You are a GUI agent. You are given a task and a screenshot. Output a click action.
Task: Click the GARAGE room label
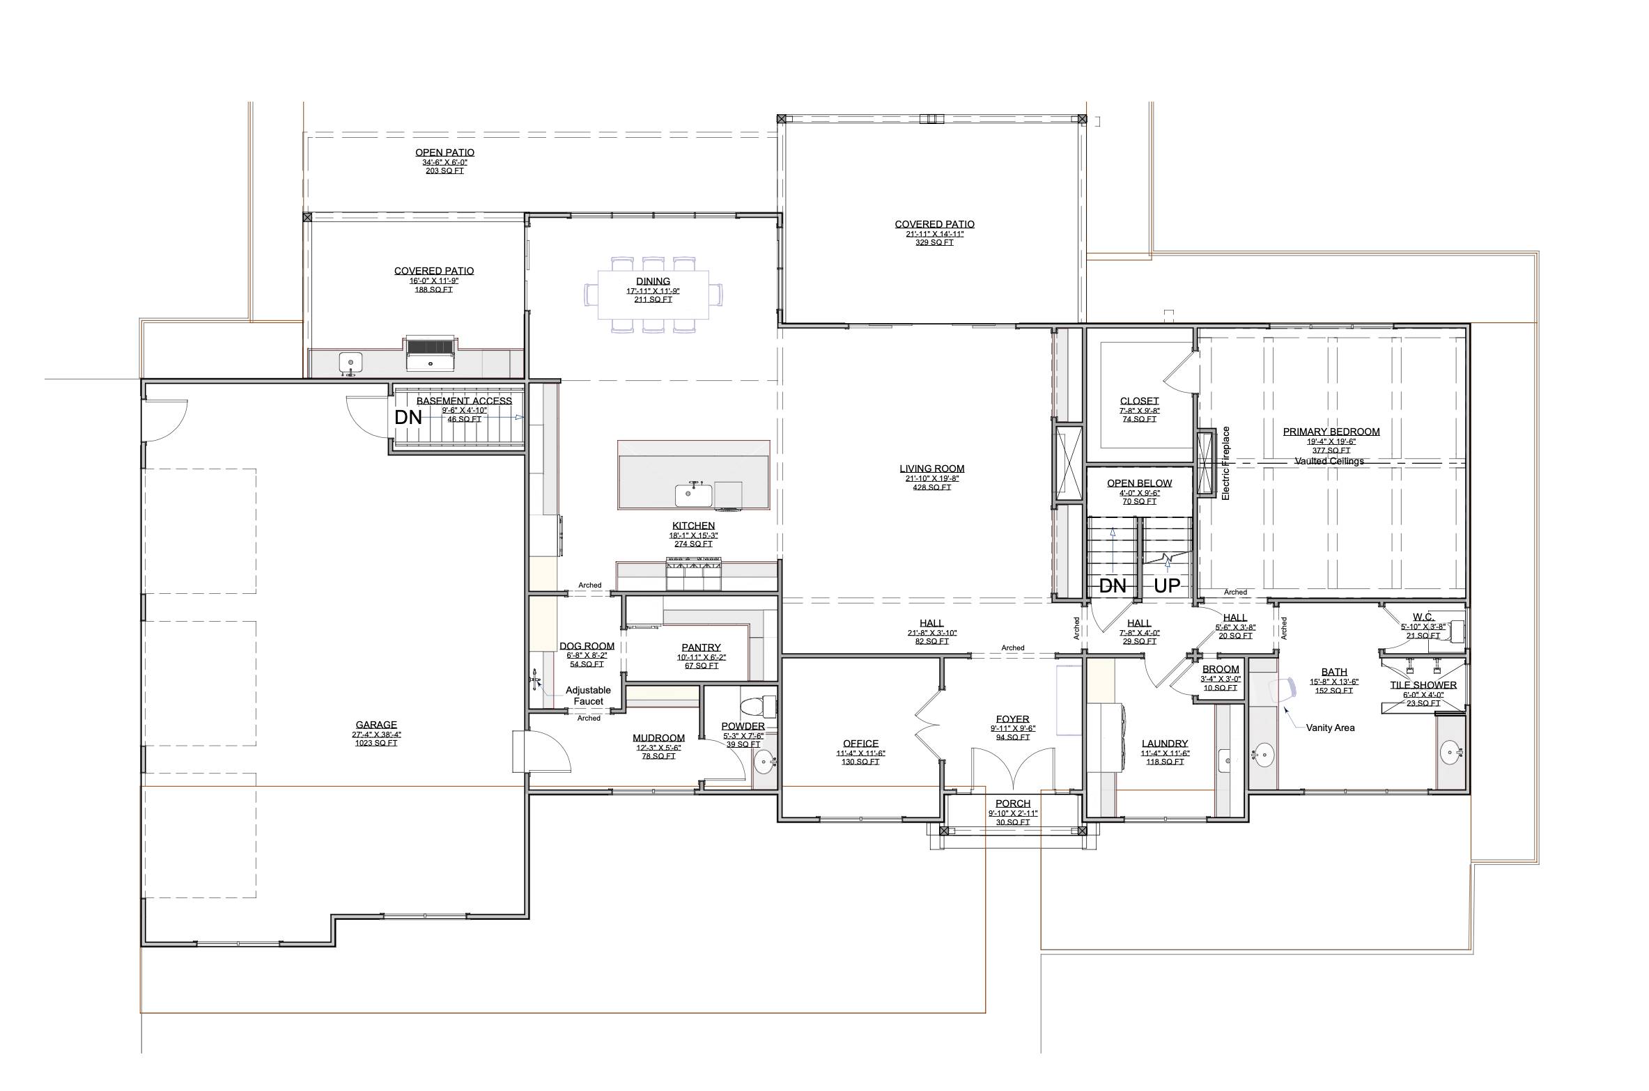376,725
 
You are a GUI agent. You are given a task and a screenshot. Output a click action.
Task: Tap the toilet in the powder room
759,706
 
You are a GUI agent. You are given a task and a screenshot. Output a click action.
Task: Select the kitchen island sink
692,496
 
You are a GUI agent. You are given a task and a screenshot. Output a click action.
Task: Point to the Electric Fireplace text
1226,463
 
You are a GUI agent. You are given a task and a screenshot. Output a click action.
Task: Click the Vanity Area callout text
1330,728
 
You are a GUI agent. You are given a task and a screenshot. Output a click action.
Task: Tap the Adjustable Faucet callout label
588,696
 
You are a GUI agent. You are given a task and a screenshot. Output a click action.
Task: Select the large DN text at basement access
408,418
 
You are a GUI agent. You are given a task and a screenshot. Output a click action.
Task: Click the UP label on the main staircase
1167,586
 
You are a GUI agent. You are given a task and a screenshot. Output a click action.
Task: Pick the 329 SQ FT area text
934,243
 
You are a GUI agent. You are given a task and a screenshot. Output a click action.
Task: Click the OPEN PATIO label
444,152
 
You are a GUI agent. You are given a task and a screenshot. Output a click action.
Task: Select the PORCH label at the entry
1012,803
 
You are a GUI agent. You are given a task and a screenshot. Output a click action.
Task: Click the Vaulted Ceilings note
1329,461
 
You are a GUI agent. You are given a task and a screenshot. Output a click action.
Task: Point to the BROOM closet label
1221,669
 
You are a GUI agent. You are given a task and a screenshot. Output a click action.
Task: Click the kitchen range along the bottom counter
693,575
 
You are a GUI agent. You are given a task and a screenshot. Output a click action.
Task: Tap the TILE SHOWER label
1423,685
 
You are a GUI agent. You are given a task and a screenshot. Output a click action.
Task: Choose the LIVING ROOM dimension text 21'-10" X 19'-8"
931,478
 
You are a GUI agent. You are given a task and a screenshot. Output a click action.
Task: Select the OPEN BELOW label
1139,483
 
